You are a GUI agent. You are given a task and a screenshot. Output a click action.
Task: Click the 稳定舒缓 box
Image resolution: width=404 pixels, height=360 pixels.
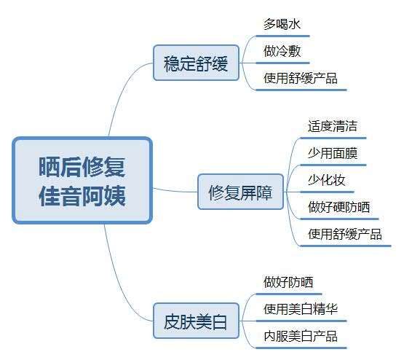[x=196, y=63]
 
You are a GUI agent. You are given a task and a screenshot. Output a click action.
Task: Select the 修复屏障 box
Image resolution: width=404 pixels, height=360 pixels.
[x=240, y=192]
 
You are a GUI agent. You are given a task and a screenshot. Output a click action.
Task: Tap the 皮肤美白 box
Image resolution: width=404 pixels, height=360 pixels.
[x=196, y=321]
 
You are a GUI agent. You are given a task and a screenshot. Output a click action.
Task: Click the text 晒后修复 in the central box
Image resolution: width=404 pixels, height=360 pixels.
[x=82, y=167]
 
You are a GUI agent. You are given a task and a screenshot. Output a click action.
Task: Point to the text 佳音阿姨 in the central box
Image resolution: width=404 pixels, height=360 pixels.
[x=82, y=195]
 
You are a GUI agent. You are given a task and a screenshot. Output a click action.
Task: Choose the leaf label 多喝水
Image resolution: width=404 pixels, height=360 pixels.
[x=282, y=24]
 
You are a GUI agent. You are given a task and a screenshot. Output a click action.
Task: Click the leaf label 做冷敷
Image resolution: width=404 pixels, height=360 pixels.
[x=282, y=51]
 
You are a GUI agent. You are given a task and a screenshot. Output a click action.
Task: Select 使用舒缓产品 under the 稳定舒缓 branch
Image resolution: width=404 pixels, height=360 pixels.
[x=301, y=78]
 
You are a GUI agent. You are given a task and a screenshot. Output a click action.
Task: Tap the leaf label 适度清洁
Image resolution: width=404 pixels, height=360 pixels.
[x=333, y=126]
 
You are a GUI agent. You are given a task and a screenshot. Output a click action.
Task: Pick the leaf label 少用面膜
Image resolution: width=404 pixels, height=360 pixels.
[x=333, y=153]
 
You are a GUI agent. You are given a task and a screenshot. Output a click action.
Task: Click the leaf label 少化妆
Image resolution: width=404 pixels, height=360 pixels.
[x=326, y=180]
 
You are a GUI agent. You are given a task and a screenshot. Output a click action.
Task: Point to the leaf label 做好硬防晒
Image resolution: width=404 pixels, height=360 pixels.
[x=338, y=207]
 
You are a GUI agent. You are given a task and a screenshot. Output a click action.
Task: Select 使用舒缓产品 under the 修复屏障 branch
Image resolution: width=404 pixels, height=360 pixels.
[x=345, y=234]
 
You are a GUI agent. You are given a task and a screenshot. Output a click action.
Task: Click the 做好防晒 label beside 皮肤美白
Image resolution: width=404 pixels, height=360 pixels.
[x=288, y=282]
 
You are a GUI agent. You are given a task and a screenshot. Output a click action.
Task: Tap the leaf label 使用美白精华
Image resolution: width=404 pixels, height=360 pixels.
[x=301, y=309]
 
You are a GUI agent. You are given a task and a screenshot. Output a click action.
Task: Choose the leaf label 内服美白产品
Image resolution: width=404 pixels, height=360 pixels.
[x=301, y=336]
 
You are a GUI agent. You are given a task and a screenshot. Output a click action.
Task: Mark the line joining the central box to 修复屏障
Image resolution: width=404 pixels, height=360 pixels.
[x=175, y=191]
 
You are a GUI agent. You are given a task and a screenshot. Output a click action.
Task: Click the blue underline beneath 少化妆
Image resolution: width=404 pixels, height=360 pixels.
[x=328, y=192]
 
